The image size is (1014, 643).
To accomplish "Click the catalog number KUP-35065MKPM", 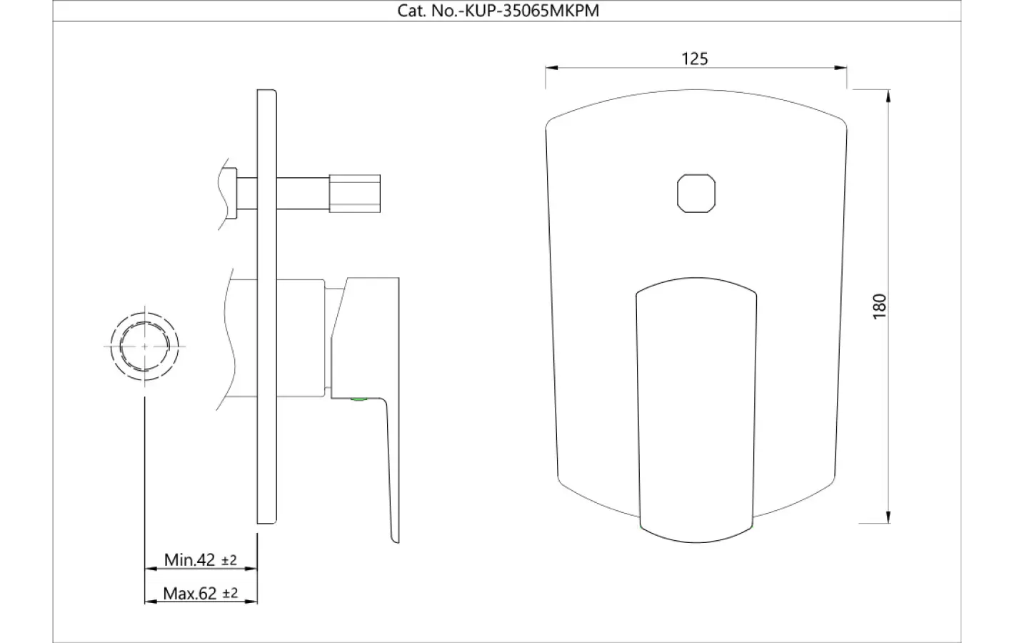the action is [x=532, y=11].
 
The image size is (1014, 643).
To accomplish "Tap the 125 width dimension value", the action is [x=694, y=59].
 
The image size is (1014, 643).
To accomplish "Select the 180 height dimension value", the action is [x=879, y=306].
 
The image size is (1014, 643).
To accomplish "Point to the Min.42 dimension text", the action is [x=189, y=559].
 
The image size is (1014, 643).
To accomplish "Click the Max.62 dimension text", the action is [x=190, y=593].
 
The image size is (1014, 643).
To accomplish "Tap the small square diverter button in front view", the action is [x=696, y=194].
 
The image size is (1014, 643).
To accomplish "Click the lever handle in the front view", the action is [x=696, y=410].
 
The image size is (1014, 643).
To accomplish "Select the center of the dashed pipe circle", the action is [x=145, y=347].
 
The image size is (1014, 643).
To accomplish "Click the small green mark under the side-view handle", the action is [x=359, y=399].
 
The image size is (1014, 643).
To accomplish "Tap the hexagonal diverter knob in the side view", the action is [x=354, y=194].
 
